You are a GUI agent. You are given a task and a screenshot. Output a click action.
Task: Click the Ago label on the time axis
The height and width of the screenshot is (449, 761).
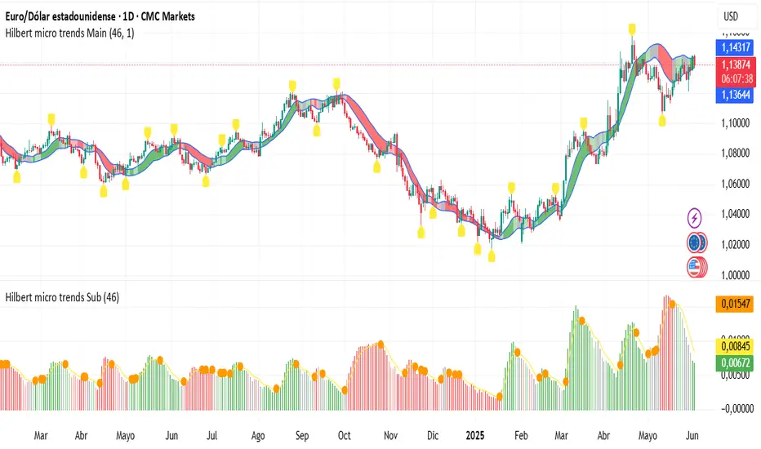pos(258,435)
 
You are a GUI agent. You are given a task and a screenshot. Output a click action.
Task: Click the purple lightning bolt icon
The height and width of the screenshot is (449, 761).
pos(694,218)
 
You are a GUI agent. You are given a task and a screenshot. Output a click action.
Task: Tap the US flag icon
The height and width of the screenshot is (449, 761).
pos(696,267)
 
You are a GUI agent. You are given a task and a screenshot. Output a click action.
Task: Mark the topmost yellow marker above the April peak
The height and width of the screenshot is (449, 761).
pos(632,29)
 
